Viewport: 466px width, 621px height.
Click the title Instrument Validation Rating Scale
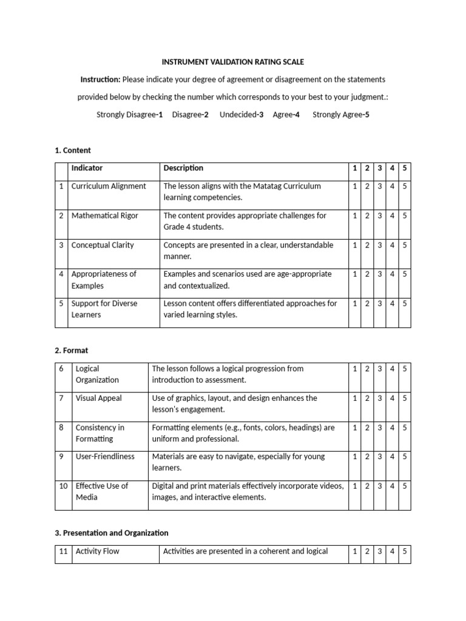point(232,62)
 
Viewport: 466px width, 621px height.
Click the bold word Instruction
point(101,79)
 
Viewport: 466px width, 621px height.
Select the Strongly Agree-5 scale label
point(340,115)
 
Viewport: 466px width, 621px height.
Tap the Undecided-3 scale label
point(241,115)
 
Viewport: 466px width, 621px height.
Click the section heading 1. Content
point(73,150)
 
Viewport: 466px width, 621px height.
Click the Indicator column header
point(87,168)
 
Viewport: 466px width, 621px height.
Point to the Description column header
point(183,168)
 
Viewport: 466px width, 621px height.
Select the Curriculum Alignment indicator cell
point(109,186)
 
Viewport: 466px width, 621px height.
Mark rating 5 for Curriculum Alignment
point(404,186)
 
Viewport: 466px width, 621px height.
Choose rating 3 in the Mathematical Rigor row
point(379,215)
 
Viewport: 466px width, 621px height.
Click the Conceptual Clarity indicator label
point(103,245)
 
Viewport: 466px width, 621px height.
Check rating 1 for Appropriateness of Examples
point(354,274)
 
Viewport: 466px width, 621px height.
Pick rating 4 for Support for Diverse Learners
point(392,303)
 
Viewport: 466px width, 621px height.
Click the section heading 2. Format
point(72,350)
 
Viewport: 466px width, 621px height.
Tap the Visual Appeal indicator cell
point(98,398)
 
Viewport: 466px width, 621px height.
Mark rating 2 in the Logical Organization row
point(367,369)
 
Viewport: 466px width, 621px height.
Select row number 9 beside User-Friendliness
point(61,456)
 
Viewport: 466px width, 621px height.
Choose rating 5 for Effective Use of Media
point(404,486)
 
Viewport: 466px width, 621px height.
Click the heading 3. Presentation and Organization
point(112,532)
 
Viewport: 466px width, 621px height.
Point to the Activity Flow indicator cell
point(98,551)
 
